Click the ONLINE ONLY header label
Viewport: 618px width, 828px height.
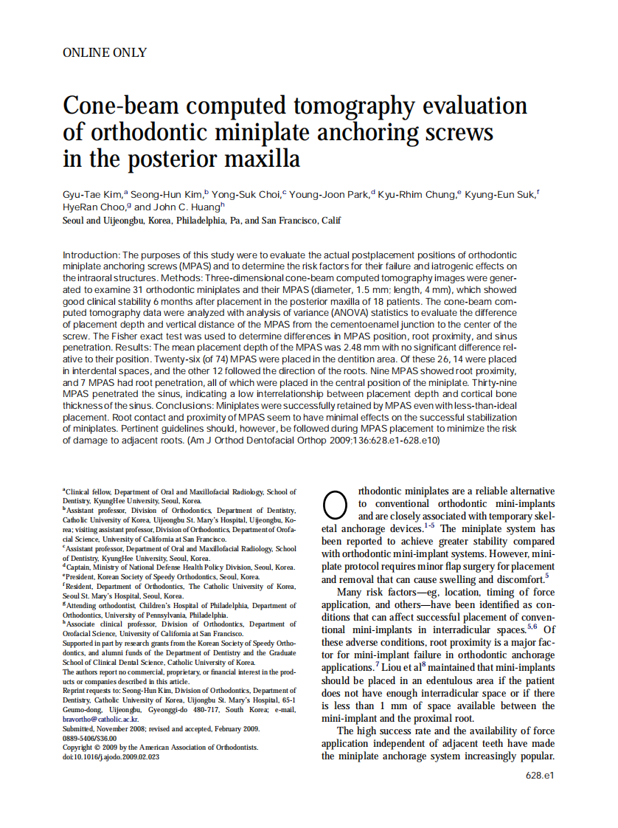coord(105,52)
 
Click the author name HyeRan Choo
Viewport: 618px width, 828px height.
coord(92,207)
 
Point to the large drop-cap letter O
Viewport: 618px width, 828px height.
coord(334,504)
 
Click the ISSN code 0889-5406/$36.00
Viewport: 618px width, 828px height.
coord(89,738)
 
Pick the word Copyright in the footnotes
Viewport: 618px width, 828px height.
coord(79,748)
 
